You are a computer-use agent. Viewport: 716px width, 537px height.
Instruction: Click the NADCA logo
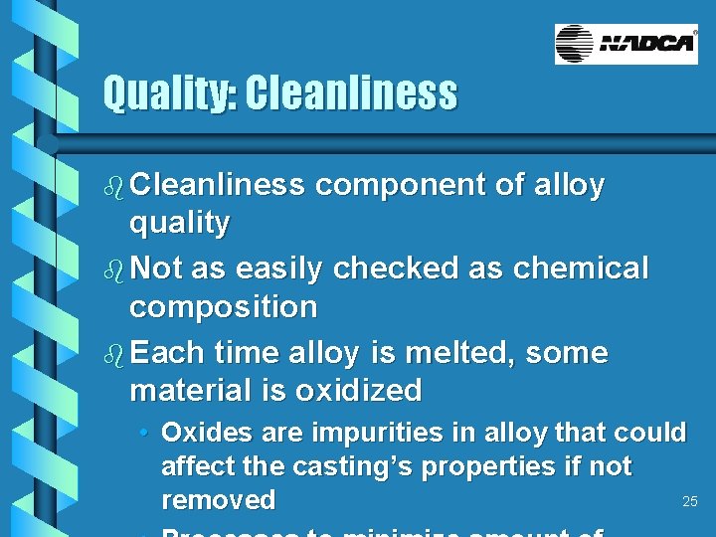click(626, 44)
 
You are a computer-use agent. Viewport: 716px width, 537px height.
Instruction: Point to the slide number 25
click(689, 501)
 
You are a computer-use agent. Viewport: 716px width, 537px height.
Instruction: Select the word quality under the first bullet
click(179, 223)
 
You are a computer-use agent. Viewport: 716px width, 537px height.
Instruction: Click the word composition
click(224, 306)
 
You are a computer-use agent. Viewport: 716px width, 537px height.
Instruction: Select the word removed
click(218, 499)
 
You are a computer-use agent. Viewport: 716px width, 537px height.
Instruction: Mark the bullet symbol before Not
click(114, 269)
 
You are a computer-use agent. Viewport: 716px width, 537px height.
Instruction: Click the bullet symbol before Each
click(114, 354)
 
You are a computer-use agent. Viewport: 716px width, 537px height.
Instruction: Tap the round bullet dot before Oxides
click(145, 434)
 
